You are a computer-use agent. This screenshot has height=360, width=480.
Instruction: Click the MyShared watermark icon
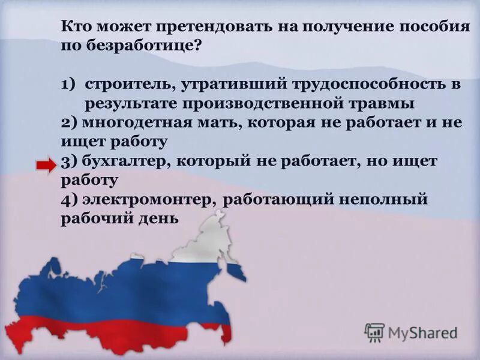click(x=374, y=332)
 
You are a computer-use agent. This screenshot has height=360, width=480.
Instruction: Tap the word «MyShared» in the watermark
click(x=423, y=332)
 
